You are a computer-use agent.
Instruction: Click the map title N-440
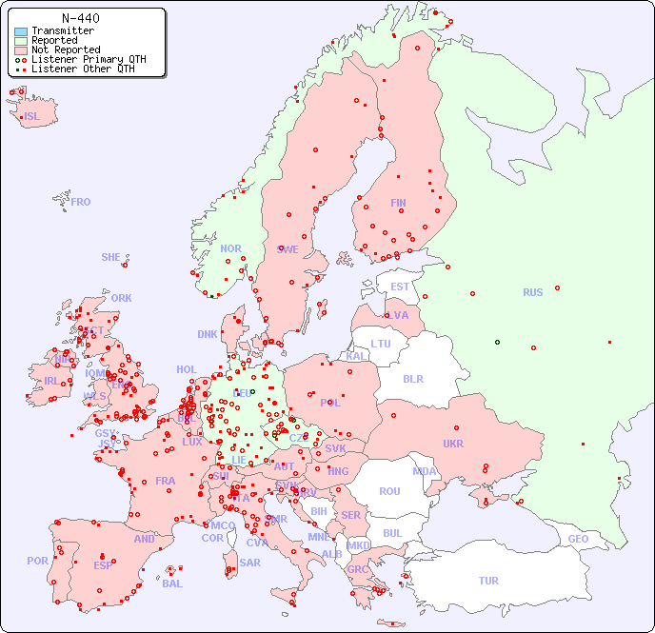(80, 18)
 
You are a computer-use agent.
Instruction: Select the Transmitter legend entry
(62, 31)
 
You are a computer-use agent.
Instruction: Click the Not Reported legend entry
(65, 49)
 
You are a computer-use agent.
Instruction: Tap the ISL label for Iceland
(32, 117)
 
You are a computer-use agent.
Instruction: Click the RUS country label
(532, 292)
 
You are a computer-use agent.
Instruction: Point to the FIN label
(398, 203)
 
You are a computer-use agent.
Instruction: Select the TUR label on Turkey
(488, 581)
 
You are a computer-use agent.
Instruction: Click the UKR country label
(453, 444)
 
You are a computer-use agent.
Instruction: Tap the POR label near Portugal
(37, 561)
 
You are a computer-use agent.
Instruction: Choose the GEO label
(578, 539)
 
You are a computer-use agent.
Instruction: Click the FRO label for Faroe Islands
(81, 202)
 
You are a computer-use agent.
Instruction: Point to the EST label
(400, 287)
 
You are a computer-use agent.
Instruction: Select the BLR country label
(413, 378)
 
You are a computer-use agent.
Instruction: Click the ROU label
(389, 491)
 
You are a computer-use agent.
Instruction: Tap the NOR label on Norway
(230, 248)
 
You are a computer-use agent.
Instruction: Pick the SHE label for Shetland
(111, 257)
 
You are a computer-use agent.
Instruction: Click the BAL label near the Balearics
(172, 584)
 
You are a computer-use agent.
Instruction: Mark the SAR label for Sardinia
(249, 563)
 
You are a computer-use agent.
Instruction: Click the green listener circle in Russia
(497, 342)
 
